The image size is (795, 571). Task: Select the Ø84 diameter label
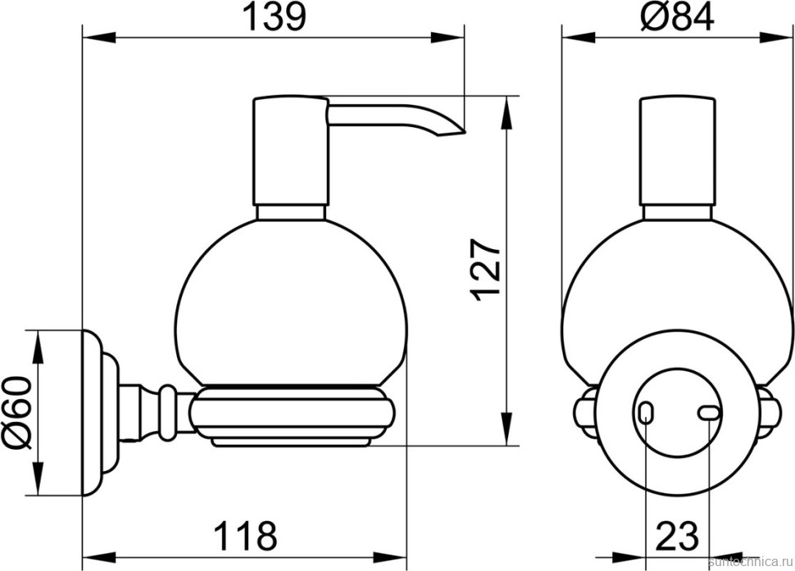pyautogui.click(x=677, y=16)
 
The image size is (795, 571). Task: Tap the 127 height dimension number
pyautogui.click(x=485, y=270)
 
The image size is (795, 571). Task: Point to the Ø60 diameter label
pyautogui.click(x=18, y=412)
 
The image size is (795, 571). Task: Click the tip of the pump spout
pyautogui.click(x=464, y=133)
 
